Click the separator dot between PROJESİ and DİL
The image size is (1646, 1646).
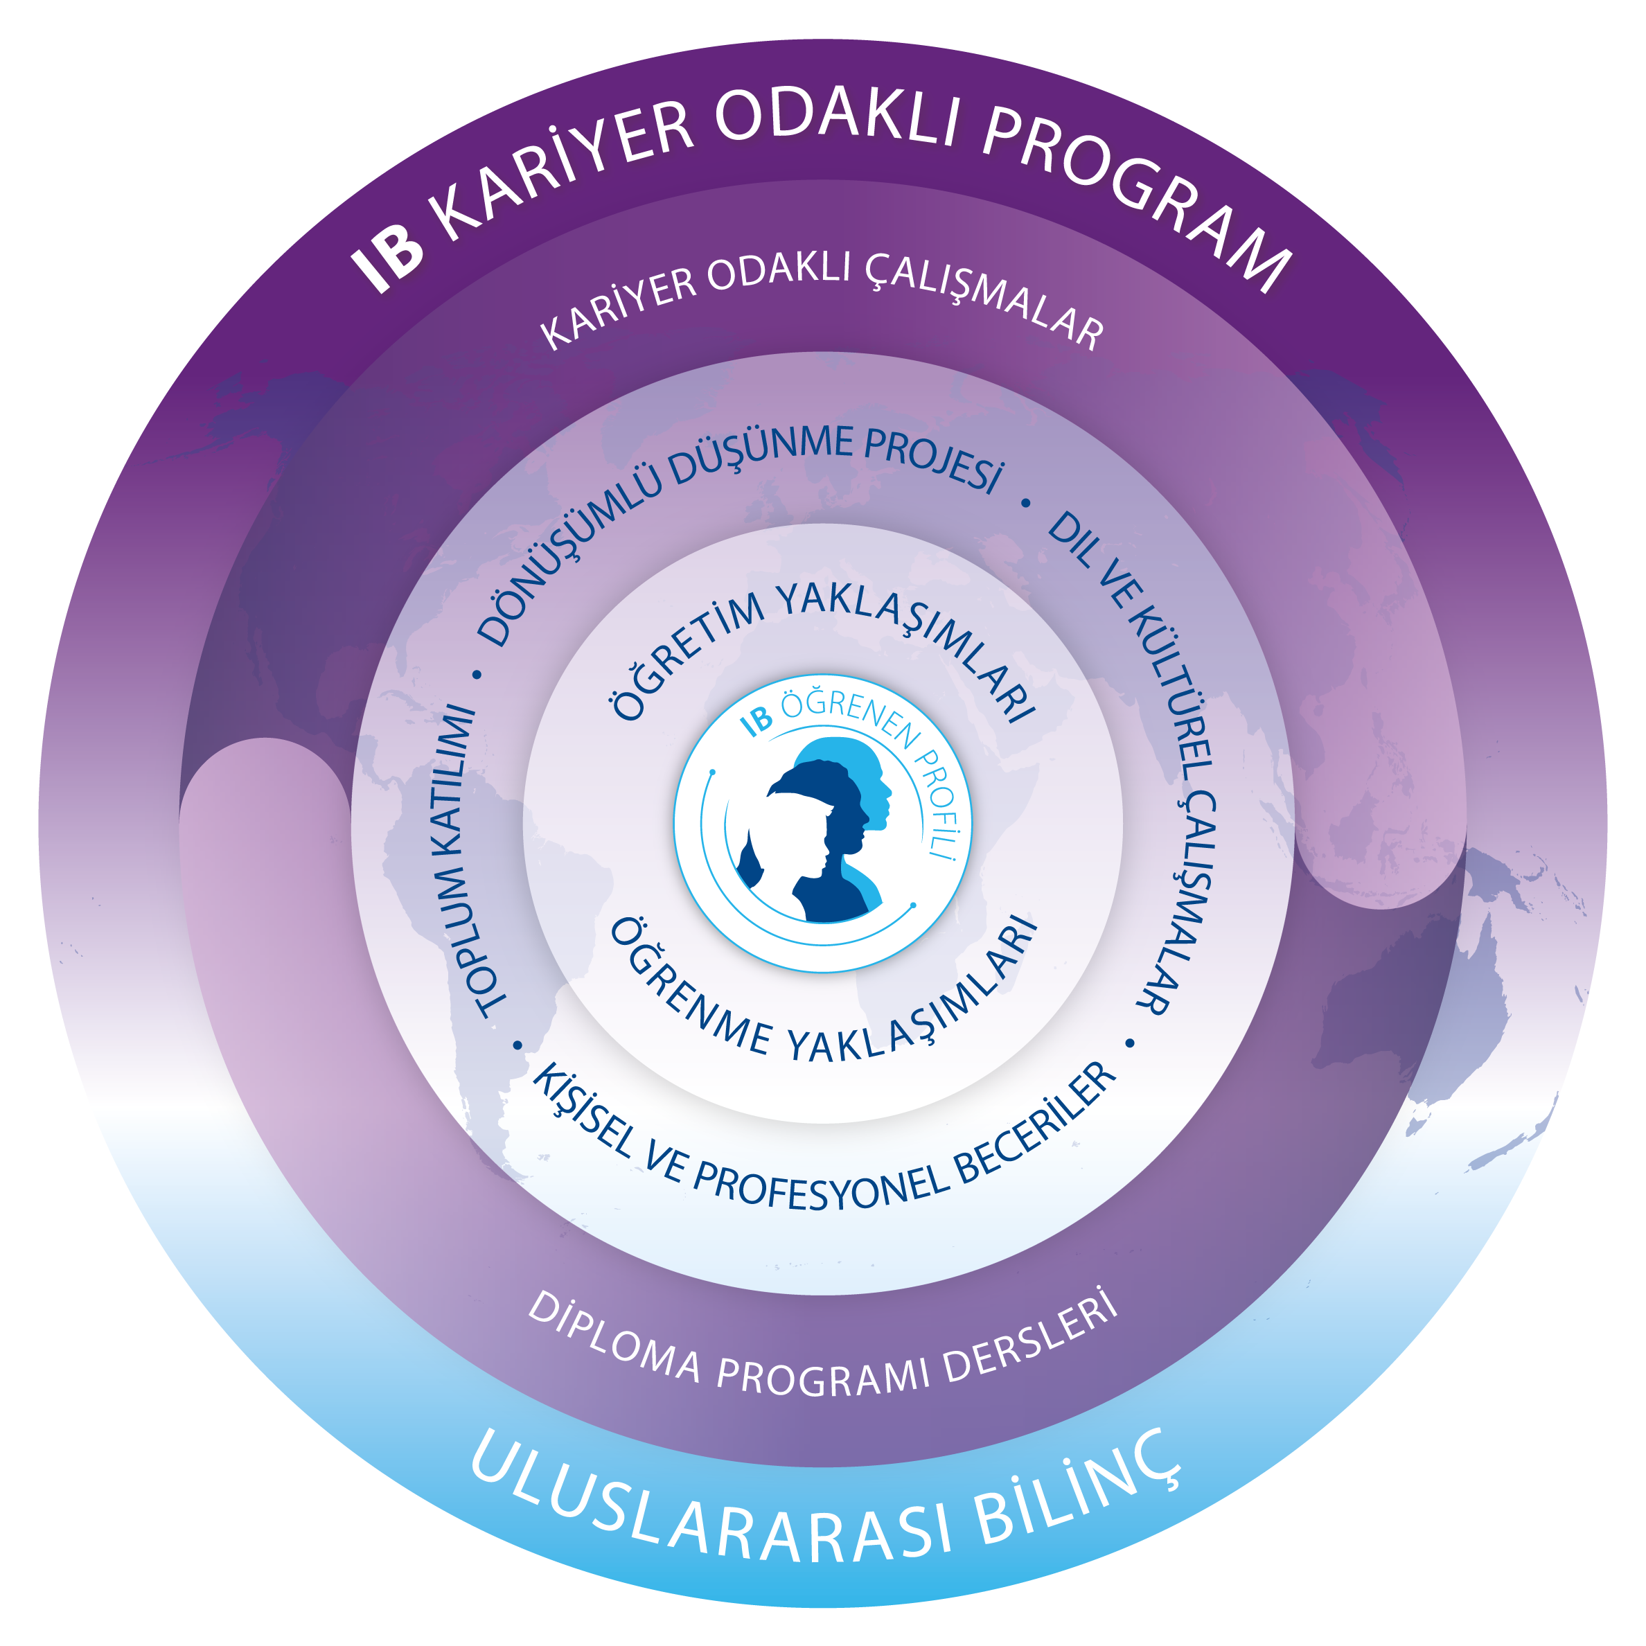click(x=1026, y=504)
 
